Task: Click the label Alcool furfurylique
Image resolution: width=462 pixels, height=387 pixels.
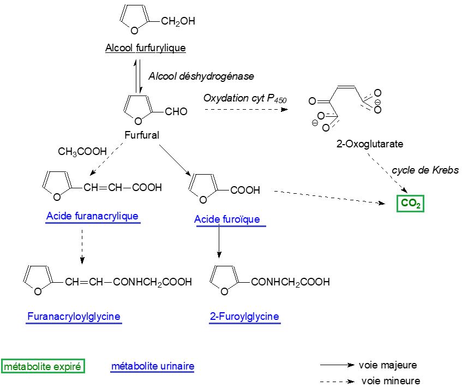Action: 146,48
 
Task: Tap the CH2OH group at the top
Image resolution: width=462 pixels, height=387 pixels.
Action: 178,21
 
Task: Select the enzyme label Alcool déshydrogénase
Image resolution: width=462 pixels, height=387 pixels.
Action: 201,76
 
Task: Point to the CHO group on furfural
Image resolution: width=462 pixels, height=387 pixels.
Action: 176,111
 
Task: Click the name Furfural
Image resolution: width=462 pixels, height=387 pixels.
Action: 142,135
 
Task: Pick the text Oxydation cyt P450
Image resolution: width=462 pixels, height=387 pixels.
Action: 245,99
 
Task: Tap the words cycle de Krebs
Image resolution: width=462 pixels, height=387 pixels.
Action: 425,170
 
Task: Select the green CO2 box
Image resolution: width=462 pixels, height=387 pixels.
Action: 410,203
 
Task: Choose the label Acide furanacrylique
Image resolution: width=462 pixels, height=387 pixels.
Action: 92,216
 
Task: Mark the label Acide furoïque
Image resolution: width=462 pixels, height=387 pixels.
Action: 227,219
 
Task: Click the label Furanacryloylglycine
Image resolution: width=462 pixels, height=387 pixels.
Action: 74,317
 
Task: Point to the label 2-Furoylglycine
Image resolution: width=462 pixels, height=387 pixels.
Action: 244,317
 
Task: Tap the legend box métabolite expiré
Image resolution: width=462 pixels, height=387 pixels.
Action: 43,367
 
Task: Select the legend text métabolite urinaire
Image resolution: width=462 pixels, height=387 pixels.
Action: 153,366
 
